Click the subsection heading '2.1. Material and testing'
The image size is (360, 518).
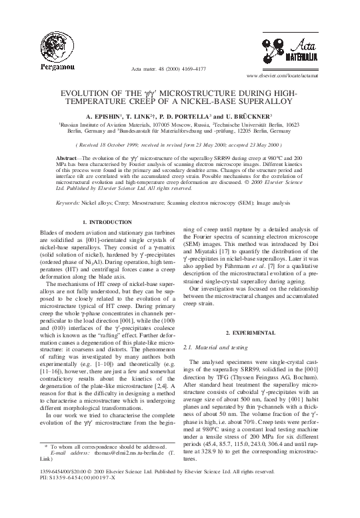point(213,348)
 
